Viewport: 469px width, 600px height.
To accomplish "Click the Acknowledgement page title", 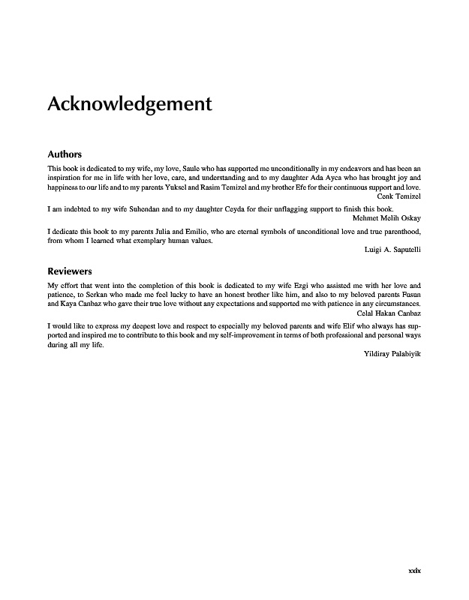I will tap(130, 103).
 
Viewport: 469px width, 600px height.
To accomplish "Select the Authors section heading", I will tap(65, 154).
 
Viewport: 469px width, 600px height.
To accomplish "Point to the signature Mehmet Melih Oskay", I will tap(386, 217).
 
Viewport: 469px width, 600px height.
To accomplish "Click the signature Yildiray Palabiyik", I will tap(391, 353).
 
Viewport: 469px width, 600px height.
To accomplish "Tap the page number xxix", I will tap(414, 571).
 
